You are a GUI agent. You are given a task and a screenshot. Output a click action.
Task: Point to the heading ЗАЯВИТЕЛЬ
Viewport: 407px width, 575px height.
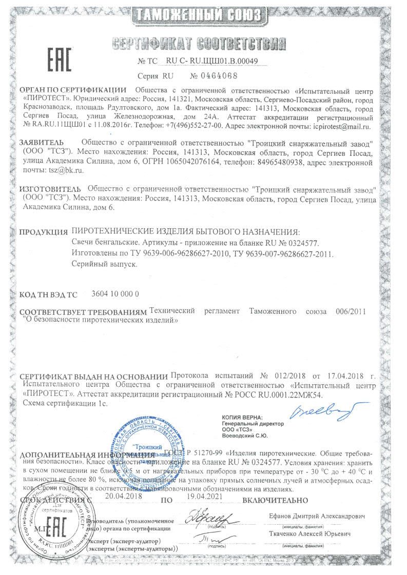click(41, 141)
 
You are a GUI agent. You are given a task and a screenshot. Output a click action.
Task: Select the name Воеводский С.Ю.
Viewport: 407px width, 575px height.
click(244, 436)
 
